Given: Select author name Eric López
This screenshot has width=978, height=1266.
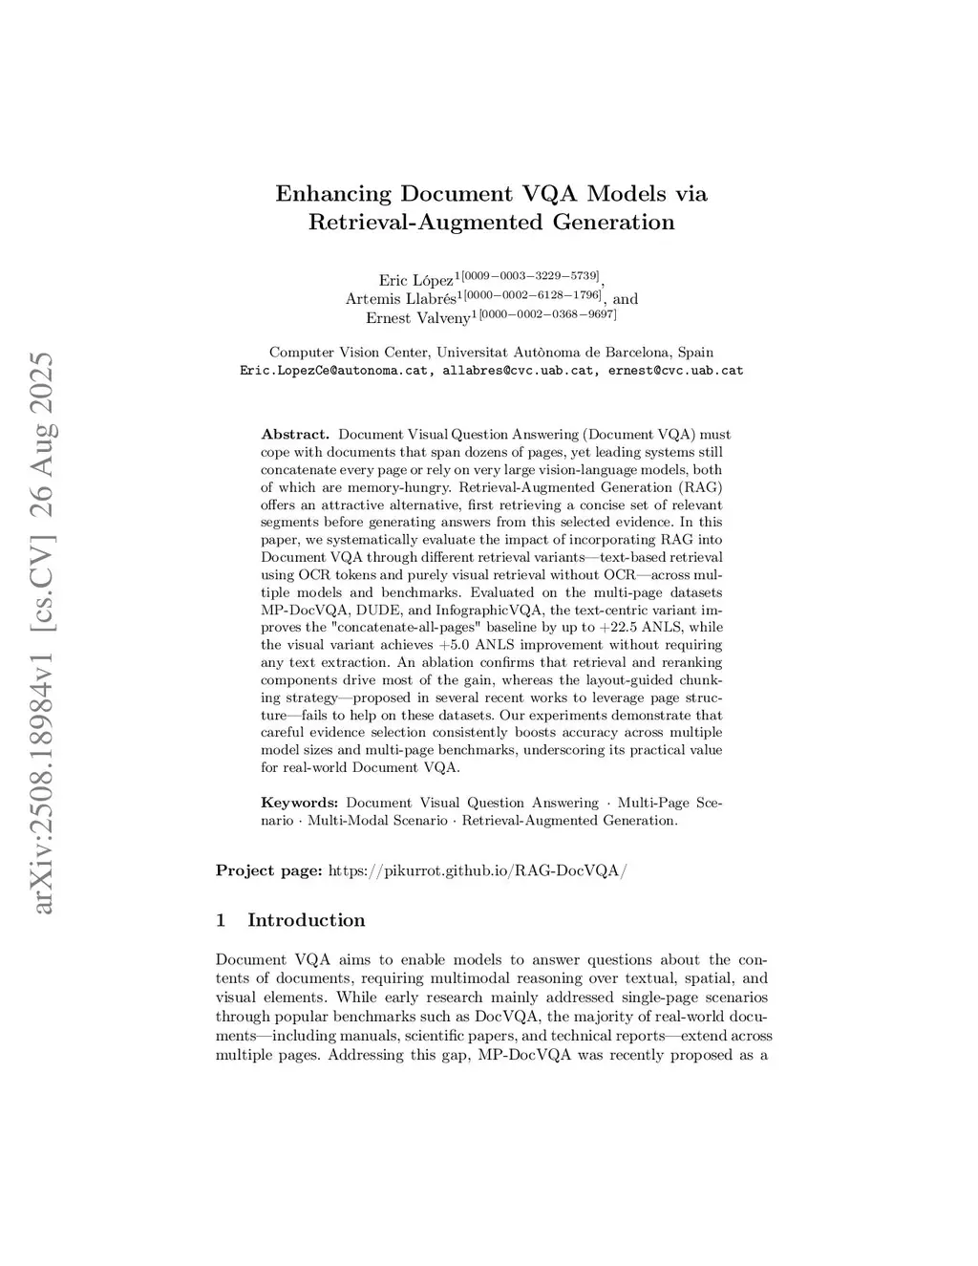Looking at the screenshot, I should [415, 280].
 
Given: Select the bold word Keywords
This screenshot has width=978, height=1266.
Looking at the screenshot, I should [299, 803].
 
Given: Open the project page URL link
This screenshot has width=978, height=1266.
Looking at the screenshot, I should [477, 870].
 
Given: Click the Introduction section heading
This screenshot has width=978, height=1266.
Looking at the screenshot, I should [306, 920].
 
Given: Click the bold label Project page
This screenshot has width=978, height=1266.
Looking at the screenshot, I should [268, 870].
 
